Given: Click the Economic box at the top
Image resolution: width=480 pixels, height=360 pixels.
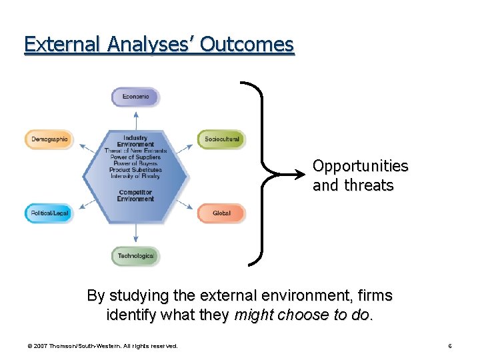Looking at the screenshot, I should (135, 97).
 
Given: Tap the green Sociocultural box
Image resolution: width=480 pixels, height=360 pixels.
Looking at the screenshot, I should (221, 139).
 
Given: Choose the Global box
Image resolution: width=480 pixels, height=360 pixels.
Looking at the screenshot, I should (221, 213).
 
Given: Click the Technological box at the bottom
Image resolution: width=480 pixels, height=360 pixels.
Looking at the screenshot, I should (135, 256).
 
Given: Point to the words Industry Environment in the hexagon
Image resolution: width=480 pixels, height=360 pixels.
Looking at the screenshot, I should (135, 141).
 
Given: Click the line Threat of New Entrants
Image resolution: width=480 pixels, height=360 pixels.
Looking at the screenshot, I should (135, 151).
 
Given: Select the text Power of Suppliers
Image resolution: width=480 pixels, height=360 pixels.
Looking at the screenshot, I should (135, 157).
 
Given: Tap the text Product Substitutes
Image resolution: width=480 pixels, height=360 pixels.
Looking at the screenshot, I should (135, 170).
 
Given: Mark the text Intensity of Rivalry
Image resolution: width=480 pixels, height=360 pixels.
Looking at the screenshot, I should (135, 176).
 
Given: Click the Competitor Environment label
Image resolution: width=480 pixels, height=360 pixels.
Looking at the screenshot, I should (135, 195).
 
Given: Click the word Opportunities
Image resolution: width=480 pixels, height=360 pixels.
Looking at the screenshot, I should (360, 165).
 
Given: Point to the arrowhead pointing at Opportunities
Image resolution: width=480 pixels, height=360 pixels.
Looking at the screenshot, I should (303, 175).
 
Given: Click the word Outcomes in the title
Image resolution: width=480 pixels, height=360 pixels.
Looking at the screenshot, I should (247, 44).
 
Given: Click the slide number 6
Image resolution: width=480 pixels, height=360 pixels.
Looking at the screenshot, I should (450, 346).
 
